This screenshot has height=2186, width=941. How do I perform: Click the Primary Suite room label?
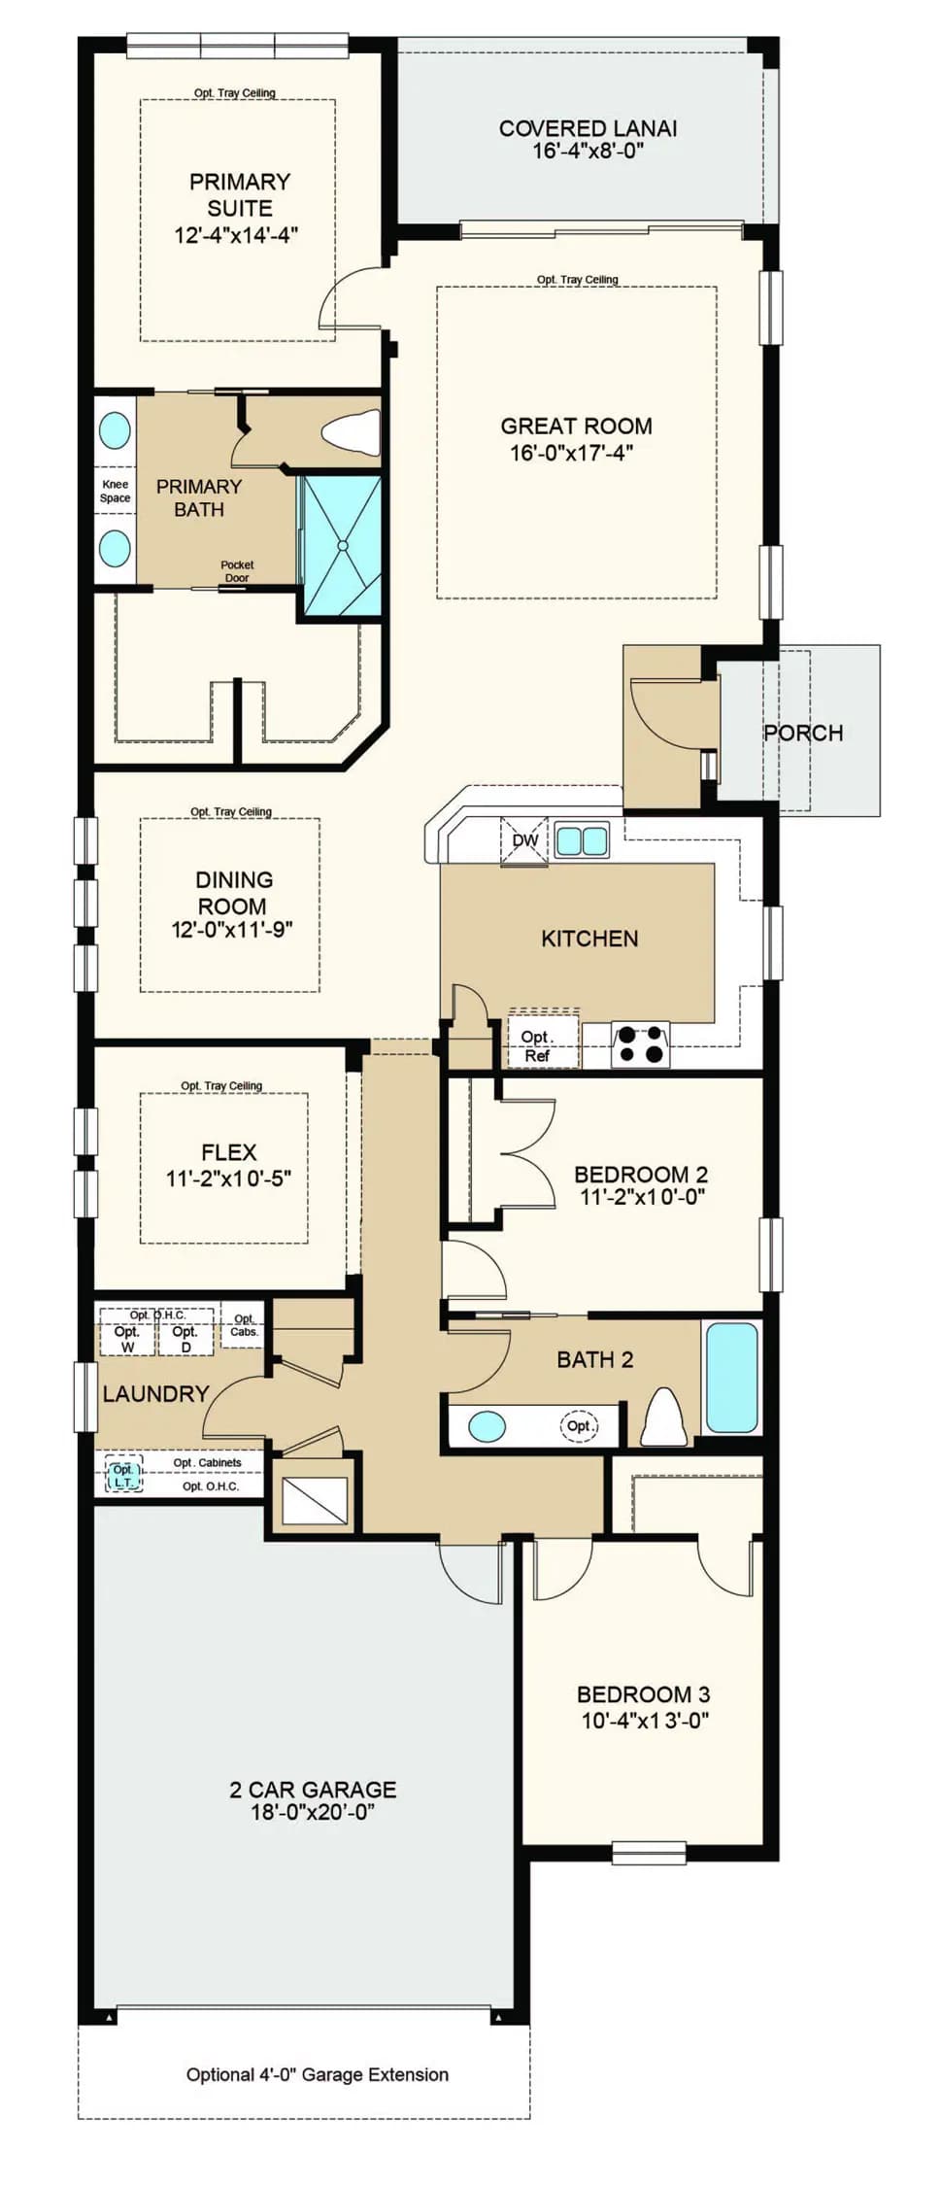(x=239, y=194)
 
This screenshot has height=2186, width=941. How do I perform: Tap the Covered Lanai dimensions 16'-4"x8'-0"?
(x=588, y=152)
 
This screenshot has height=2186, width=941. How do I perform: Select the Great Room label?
(x=576, y=426)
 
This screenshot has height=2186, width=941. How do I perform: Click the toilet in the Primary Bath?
(x=351, y=432)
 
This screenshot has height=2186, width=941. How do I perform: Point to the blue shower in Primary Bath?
(x=342, y=545)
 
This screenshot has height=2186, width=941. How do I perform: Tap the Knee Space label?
(x=115, y=491)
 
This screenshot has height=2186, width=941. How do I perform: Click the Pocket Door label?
(x=237, y=570)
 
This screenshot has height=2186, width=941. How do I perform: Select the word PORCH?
(x=803, y=733)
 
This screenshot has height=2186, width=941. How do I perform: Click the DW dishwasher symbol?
(x=524, y=840)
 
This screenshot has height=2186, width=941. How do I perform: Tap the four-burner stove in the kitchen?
(x=641, y=1044)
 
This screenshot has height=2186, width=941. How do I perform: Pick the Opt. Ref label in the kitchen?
(x=537, y=1045)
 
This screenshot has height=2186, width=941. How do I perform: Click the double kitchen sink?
(x=582, y=839)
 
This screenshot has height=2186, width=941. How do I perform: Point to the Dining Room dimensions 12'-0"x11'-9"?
(x=232, y=930)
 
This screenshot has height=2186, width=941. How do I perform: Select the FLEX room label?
(x=229, y=1152)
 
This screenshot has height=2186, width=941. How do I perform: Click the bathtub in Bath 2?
(x=731, y=1377)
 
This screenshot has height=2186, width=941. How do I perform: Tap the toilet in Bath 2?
(x=665, y=1417)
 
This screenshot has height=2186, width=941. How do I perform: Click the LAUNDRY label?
(x=155, y=1393)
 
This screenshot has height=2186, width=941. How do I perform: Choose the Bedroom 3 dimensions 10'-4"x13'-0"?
(x=645, y=1721)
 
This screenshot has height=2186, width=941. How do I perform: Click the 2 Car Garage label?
(x=313, y=1789)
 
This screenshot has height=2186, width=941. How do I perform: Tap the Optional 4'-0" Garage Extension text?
(x=318, y=2074)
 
